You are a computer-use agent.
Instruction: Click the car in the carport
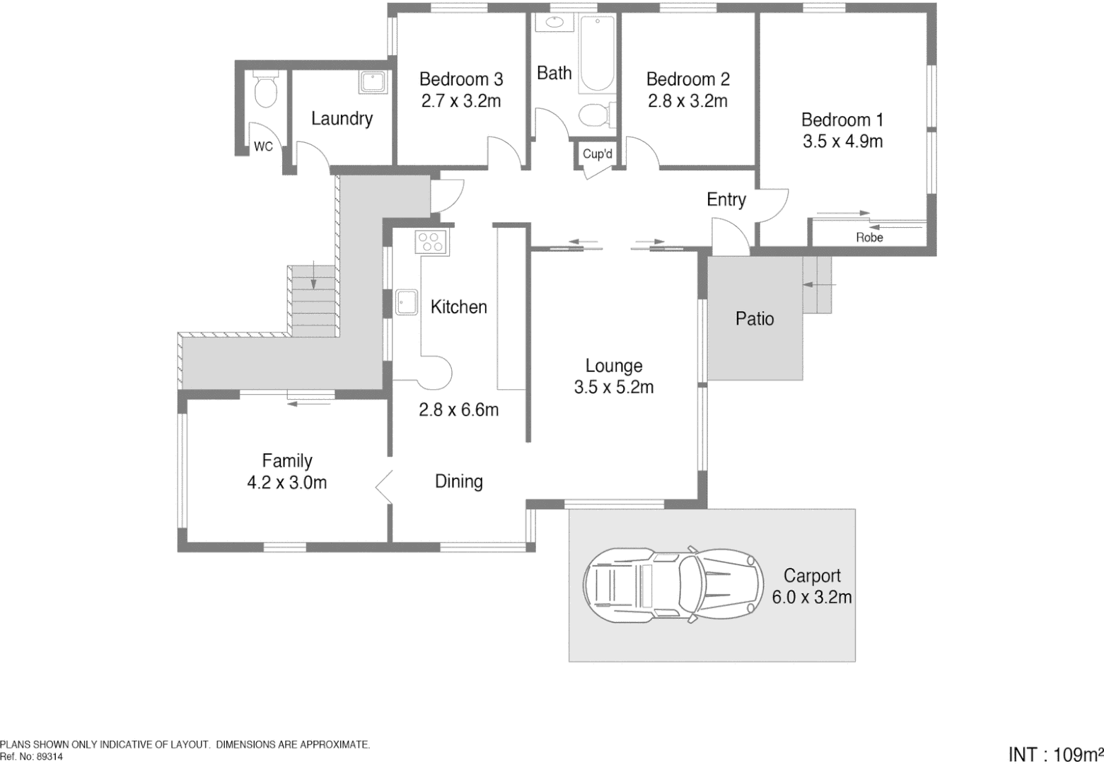[673, 585]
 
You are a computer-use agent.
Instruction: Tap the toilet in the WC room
[266, 90]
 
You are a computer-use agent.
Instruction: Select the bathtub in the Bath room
[597, 55]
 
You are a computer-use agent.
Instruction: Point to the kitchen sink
[406, 302]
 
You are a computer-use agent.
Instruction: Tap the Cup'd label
[597, 154]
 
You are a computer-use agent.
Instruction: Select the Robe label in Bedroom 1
[869, 238]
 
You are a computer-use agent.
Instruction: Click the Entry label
[726, 199]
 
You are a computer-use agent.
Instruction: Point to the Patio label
[755, 319]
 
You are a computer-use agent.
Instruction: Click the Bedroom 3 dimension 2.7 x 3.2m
[461, 101]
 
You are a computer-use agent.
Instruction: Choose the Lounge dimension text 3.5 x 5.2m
[613, 388]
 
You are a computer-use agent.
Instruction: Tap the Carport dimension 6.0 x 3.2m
[811, 597]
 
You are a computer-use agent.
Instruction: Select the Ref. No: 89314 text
[32, 756]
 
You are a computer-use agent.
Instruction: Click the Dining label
[458, 482]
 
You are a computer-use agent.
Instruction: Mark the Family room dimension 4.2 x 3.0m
[286, 483]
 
